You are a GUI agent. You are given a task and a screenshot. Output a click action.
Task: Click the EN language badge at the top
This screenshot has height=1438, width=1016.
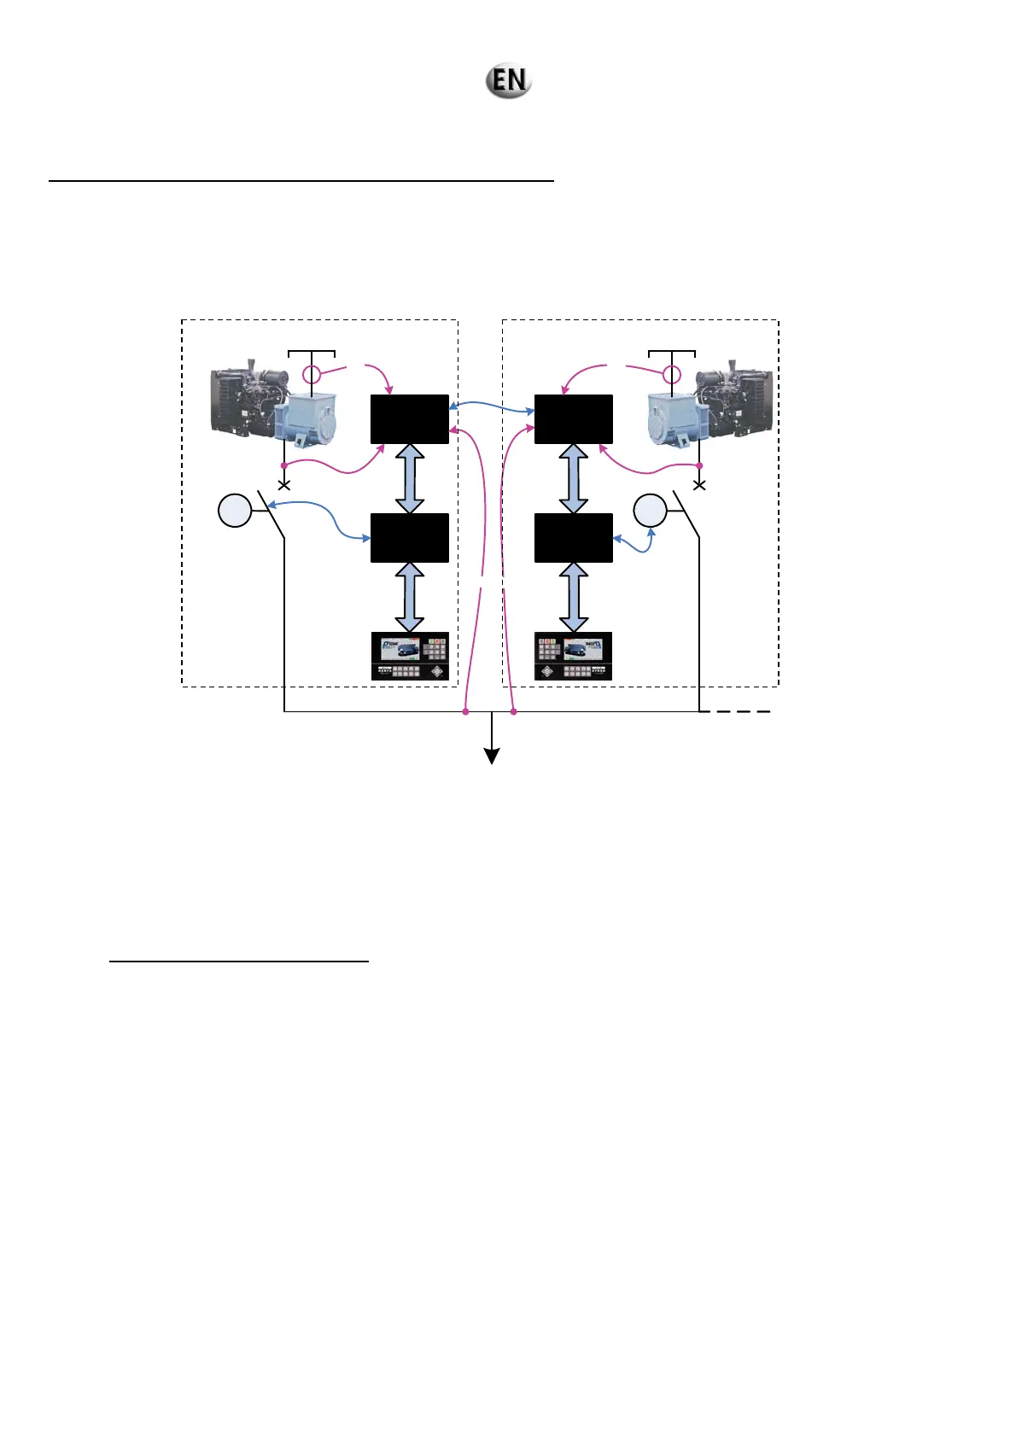click(x=509, y=80)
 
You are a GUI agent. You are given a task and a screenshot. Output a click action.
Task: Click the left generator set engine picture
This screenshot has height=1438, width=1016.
click(x=273, y=404)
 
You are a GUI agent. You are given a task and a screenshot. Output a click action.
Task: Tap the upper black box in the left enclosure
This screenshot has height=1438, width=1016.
click(x=410, y=419)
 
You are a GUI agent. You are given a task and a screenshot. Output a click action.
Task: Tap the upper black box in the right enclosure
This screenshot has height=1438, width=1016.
click(x=574, y=419)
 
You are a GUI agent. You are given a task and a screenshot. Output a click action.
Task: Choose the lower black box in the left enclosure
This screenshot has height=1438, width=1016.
click(x=410, y=538)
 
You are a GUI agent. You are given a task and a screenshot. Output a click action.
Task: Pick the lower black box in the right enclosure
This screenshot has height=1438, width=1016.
click(x=574, y=538)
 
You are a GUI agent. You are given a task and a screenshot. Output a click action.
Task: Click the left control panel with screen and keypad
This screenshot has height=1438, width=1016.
click(x=410, y=656)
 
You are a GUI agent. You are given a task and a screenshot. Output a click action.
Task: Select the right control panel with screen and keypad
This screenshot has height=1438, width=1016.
click(x=574, y=656)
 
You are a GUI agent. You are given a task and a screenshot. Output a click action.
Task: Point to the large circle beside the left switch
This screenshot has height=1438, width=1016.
click(x=235, y=511)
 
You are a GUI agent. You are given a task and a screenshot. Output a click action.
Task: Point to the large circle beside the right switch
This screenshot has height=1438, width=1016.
click(x=650, y=511)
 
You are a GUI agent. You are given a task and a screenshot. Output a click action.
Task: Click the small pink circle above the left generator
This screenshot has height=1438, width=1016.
click(x=312, y=374)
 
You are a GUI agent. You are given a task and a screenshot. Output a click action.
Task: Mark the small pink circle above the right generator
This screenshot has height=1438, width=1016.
click(x=673, y=374)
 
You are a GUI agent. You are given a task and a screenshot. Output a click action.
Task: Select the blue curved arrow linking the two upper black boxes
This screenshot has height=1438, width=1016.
click(x=492, y=407)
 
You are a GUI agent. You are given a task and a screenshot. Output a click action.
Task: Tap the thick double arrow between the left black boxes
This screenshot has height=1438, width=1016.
click(x=410, y=478)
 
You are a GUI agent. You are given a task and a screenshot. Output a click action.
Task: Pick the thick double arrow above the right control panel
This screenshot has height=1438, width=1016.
click(x=574, y=597)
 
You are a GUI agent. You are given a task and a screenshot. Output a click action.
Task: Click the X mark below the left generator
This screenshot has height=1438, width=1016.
click(x=284, y=485)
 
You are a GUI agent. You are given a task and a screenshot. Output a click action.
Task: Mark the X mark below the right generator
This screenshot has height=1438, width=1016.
click(x=699, y=485)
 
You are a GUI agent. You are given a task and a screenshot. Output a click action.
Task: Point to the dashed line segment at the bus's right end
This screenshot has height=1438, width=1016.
click(x=736, y=711)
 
